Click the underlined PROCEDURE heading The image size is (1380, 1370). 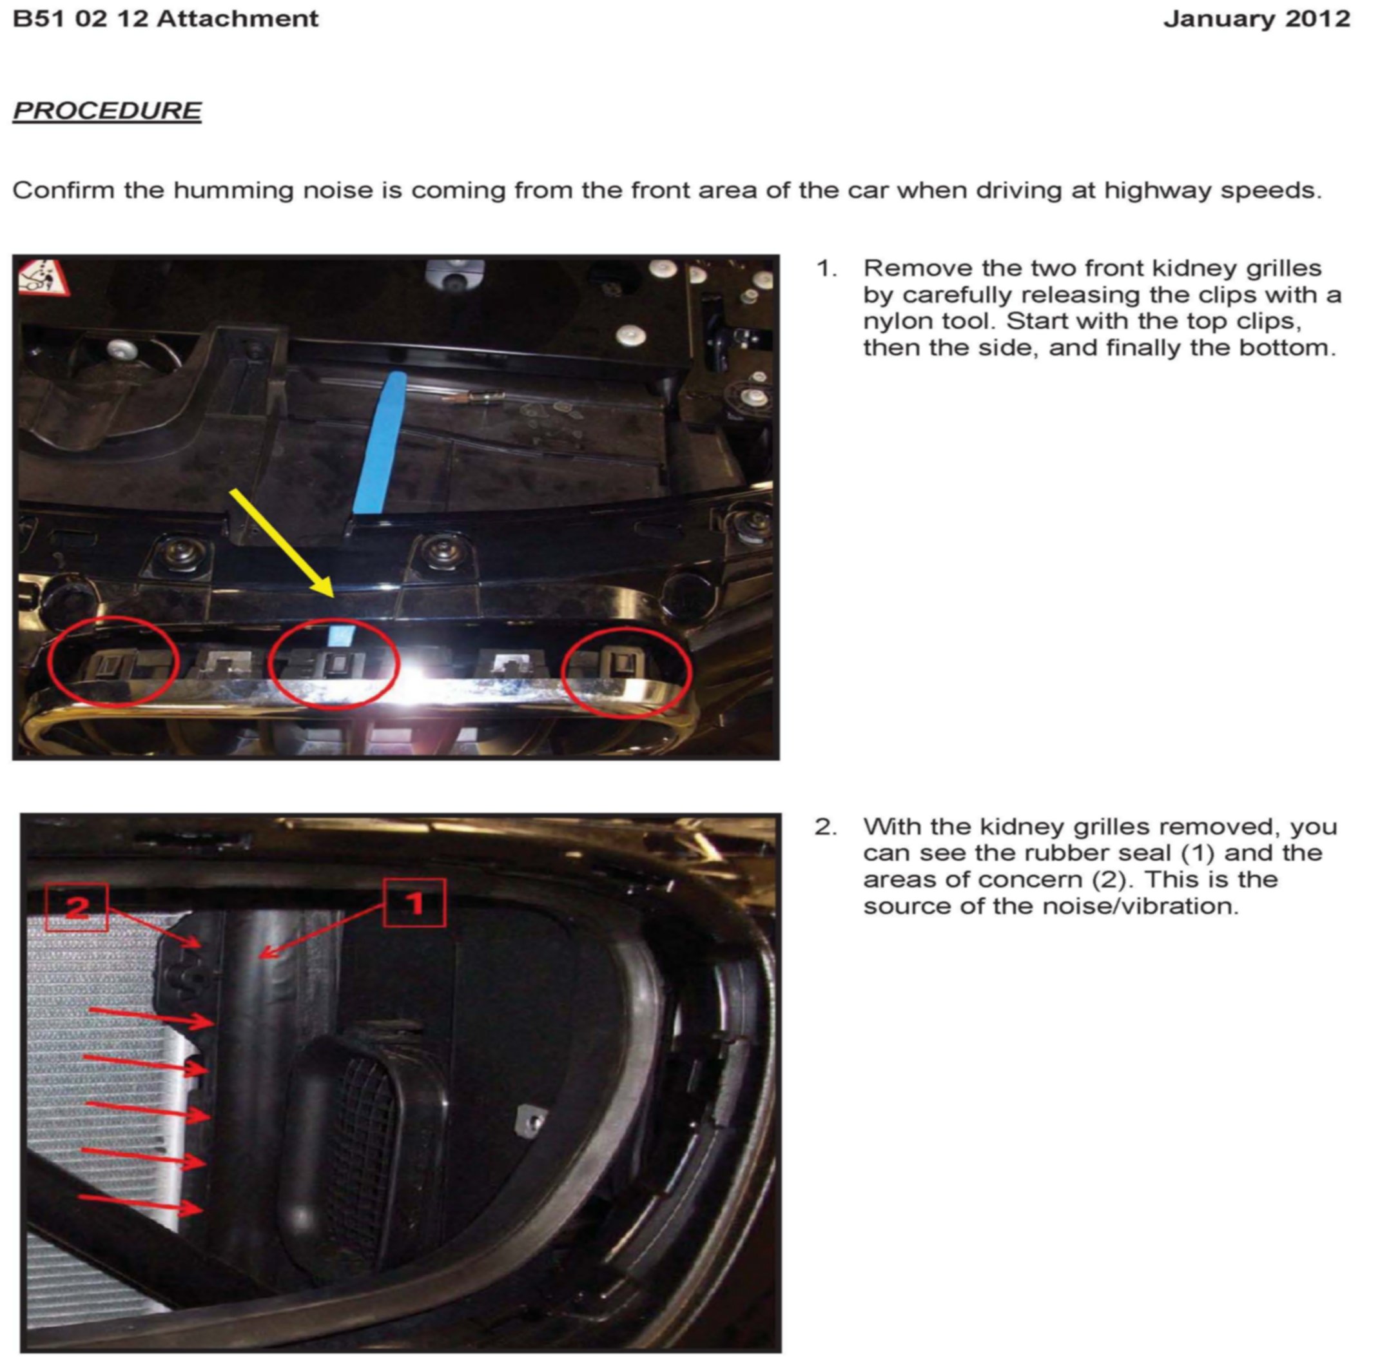tap(107, 111)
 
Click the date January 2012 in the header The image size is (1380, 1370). tap(1256, 19)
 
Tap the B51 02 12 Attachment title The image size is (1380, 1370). tap(166, 19)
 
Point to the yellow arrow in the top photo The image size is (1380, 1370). tap(282, 543)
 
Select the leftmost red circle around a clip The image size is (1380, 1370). tap(113, 661)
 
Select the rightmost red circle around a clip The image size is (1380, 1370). tap(627, 671)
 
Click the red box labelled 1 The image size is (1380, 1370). tap(414, 903)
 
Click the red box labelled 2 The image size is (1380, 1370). tap(77, 907)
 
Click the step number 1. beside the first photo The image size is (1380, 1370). tap(827, 269)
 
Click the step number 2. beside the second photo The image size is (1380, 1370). tap(826, 827)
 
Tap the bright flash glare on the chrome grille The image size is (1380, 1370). tap(422, 671)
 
